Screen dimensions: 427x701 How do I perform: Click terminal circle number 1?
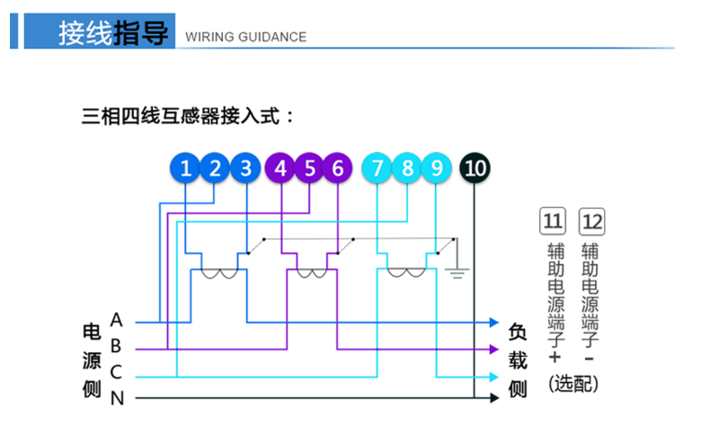(186, 167)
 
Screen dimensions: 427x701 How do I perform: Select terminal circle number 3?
(245, 167)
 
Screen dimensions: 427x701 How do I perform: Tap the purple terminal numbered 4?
(281, 167)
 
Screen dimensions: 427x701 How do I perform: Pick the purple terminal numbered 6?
(337, 167)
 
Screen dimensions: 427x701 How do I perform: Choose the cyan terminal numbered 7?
(377, 167)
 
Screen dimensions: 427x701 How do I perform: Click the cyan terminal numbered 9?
(436, 167)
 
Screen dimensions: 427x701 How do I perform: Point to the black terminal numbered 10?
(475, 167)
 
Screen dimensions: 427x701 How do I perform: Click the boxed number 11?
(553, 220)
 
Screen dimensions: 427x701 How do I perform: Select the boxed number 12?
(592, 220)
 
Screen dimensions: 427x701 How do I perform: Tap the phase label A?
(116, 319)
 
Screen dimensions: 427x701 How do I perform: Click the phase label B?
(116, 345)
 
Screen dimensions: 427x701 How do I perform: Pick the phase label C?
(116, 371)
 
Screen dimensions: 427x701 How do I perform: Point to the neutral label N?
(116, 397)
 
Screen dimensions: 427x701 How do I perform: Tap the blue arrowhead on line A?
(493, 321)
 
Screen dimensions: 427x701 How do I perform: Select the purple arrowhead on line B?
(493, 348)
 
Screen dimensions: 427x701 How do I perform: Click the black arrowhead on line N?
(493, 397)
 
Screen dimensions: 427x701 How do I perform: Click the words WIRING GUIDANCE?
(244, 37)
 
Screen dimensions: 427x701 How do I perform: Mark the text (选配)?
(572, 383)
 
